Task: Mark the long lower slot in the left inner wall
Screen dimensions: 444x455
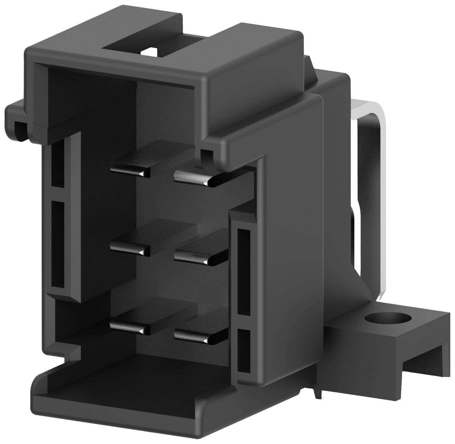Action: tap(57, 245)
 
